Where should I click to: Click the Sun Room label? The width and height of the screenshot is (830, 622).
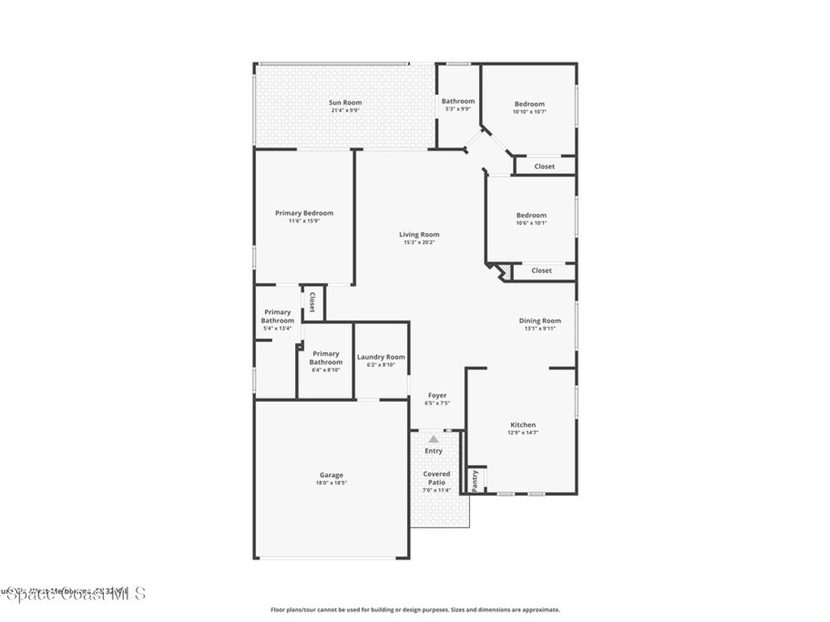click(345, 103)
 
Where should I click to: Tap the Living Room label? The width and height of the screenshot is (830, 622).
click(419, 234)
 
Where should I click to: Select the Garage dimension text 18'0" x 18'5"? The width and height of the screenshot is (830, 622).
click(331, 484)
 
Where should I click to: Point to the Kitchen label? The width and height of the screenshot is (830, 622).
click(523, 424)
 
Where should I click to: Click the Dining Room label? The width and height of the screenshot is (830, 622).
click(540, 321)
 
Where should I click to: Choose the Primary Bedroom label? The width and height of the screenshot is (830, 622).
click(304, 213)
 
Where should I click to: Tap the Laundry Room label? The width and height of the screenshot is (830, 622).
click(381, 357)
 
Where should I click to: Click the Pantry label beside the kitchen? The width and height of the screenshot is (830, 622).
click(475, 479)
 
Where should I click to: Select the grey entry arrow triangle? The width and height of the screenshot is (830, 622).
click(434, 439)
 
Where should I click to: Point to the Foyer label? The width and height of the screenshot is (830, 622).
click(438, 395)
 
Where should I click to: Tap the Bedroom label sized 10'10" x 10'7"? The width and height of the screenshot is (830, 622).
click(529, 104)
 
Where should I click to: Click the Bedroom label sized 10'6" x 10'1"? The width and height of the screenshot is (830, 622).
click(532, 215)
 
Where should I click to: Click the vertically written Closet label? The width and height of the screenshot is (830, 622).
click(312, 302)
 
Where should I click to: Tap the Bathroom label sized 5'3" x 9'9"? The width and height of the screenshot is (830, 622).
click(458, 101)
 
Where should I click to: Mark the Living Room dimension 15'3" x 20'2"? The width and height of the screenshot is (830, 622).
click(419, 242)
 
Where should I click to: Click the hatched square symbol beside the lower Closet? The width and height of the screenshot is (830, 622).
click(503, 271)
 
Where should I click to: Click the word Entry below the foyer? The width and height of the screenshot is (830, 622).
click(434, 451)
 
